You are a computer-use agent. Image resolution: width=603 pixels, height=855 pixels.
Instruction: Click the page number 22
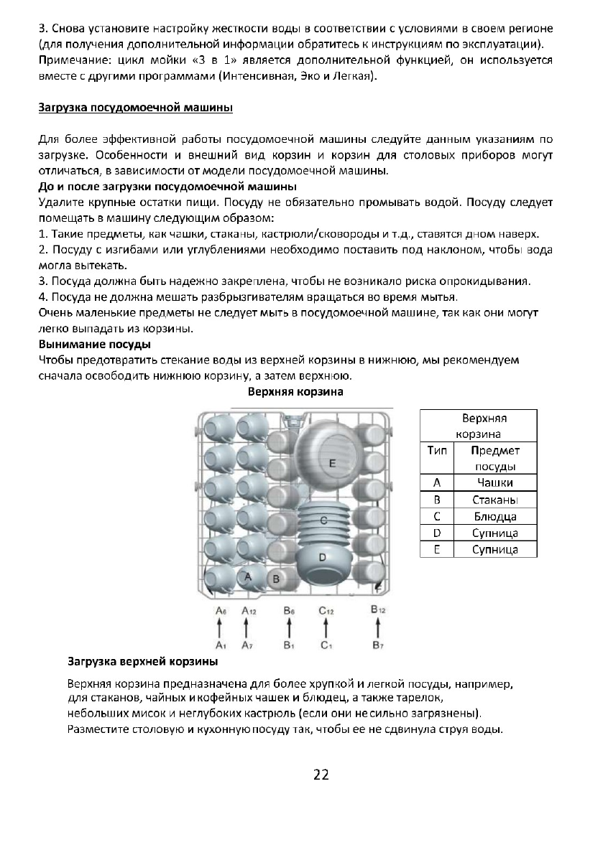tap(321, 774)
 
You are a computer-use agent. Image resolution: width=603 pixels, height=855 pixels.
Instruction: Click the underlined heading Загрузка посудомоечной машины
tap(134, 109)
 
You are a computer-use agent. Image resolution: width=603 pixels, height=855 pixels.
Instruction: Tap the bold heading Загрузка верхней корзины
tap(142, 660)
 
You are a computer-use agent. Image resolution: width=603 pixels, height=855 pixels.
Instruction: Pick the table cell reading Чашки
tap(495, 482)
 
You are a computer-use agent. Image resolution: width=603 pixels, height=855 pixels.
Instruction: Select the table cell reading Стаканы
tap(495, 500)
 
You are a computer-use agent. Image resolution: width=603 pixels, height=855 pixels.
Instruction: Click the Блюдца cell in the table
tap(495, 516)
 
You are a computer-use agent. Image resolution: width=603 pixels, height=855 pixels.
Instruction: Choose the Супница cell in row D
tap(495, 533)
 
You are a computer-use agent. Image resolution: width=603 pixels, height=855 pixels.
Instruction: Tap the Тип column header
tap(436, 451)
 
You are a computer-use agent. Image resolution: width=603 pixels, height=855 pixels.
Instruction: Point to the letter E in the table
tap(436, 550)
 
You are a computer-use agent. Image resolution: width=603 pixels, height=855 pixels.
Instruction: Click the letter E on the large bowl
tap(332, 464)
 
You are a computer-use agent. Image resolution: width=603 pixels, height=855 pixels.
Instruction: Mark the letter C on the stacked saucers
tap(324, 519)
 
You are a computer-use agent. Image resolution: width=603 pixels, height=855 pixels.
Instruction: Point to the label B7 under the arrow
tap(378, 644)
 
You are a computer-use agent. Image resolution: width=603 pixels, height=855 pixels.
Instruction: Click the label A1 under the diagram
tap(221, 644)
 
